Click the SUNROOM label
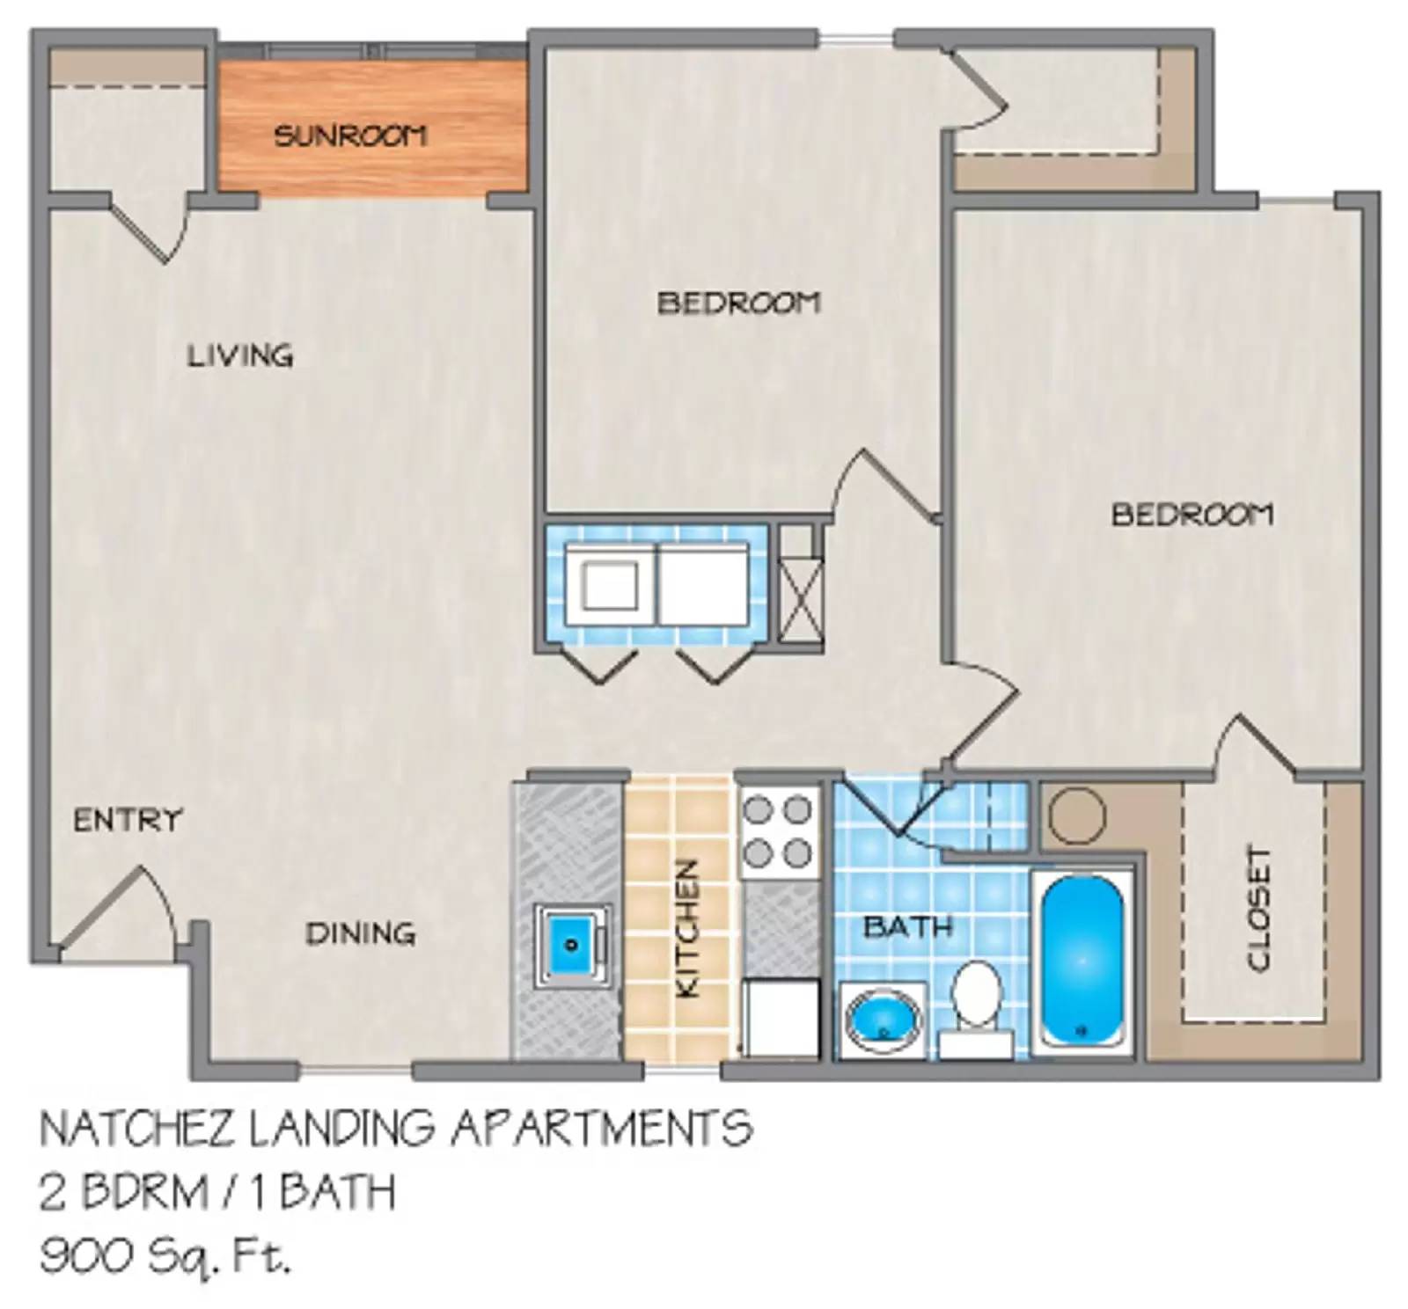(x=350, y=135)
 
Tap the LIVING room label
(x=239, y=355)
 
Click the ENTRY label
(x=127, y=820)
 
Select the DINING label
(x=360, y=932)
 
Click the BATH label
(x=907, y=926)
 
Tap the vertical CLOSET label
(x=1258, y=909)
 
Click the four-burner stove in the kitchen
(x=779, y=830)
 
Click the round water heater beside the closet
(x=1075, y=815)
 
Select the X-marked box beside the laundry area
(x=802, y=598)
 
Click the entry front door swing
(x=114, y=910)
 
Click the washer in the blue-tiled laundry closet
(x=610, y=584)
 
